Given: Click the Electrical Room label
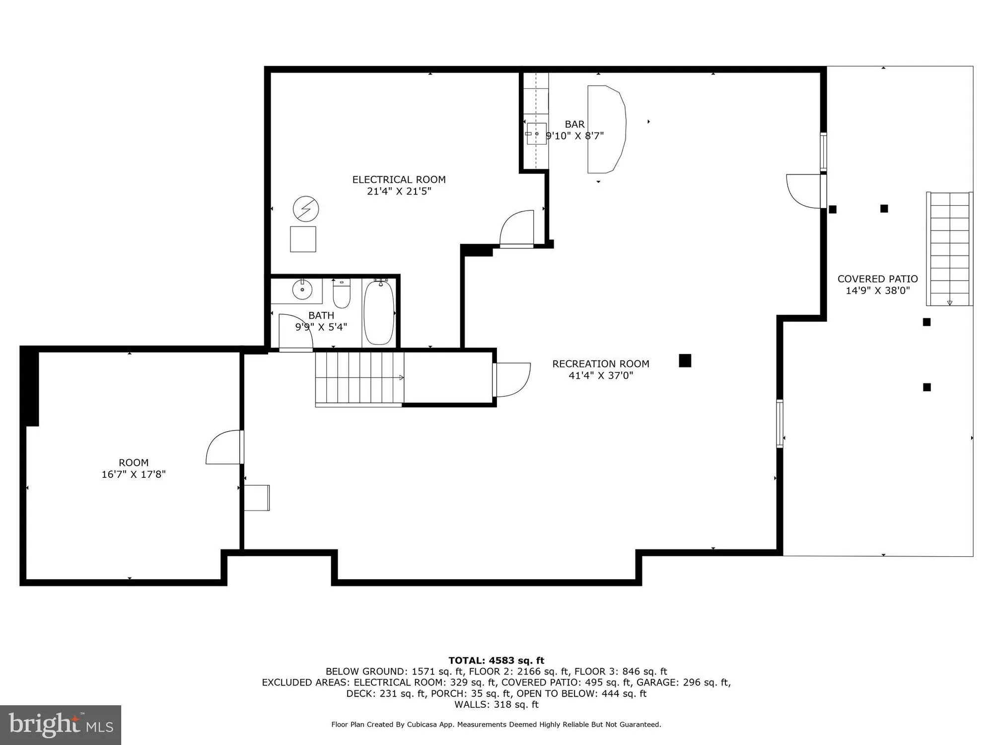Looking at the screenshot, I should pyautogui.click(x=399, y=180).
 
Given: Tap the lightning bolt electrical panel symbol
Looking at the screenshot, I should pyautogui.click(x=306, y=209).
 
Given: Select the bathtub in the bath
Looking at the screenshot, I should pyautogui.click(x=379, y=312).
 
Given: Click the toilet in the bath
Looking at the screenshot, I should pyautogui.click(x=341, y=294).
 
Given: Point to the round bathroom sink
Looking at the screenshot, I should pyautogui.click(x=302, y=289).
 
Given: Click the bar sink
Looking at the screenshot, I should pyautogui.click(x=537, y=134).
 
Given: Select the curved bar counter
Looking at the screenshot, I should pyautogui.click(x=606, y=129).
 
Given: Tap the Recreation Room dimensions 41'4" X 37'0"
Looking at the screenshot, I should pyautogui.click(x=601, y=375).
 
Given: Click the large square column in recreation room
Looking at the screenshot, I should pyautogui.click(x=685, y=361).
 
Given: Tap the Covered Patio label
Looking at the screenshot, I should pyautogui.click(x=877, y=279).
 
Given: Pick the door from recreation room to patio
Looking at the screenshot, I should pyautogui.click(x=803, y=191).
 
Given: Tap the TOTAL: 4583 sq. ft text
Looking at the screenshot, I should pyautogui.click(x=496, y=661).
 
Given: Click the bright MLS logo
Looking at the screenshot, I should pyautogui.click(x=60, y=725).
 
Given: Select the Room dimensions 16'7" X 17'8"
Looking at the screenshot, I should pyautogui.click(x=134, y=474).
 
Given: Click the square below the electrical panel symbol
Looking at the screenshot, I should pyautogui.click(x=303, y=239).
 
